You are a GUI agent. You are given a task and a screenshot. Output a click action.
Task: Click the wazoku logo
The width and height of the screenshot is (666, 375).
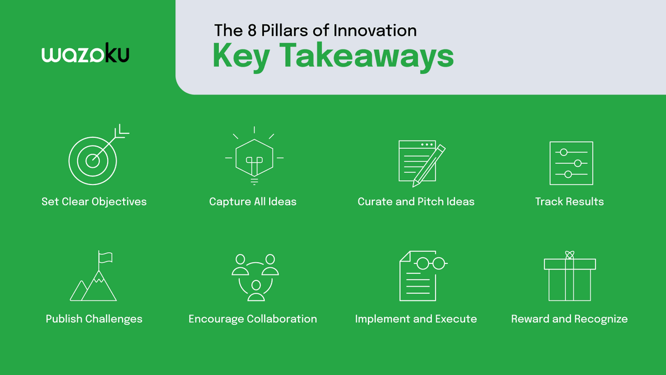[85, 54]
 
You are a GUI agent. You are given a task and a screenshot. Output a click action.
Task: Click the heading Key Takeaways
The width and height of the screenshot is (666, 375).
[333, 56]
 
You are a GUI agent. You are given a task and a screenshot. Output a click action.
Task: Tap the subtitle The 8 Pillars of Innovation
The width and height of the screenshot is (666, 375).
[315, 30]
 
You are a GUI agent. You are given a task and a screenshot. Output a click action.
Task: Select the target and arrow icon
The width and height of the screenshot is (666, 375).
[96, 157]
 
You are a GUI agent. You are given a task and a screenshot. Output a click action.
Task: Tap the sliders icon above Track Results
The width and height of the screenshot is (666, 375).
[571, 163]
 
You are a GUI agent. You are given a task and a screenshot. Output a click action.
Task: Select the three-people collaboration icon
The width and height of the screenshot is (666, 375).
[255, 277]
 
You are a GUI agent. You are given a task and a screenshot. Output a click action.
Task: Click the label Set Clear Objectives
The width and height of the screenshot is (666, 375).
[94, 202]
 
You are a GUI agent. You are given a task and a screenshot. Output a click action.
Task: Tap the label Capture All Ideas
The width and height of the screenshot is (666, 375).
[253, 202]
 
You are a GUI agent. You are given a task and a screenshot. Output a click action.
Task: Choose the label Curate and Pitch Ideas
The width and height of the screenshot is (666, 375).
[416, 202]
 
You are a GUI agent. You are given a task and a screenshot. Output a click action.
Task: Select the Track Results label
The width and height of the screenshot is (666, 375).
[569, 202]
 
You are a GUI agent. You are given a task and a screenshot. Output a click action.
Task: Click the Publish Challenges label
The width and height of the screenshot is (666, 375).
[94, 319]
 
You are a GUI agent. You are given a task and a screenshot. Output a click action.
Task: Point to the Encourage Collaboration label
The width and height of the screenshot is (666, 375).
[253, 319]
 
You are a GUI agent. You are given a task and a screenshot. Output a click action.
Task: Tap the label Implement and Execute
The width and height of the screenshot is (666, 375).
[416, 319]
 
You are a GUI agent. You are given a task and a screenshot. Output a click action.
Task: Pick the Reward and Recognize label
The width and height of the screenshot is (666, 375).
[569, 319]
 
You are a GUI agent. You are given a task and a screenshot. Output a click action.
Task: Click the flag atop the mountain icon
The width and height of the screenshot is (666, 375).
[105, 257]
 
